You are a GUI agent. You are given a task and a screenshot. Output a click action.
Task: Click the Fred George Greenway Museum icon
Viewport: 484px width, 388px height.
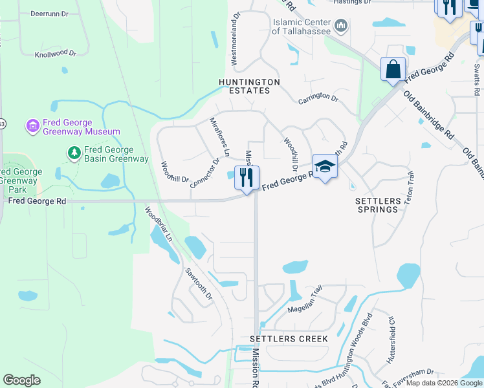32,127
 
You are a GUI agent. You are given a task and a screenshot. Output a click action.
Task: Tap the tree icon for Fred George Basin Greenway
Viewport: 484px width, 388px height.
74,153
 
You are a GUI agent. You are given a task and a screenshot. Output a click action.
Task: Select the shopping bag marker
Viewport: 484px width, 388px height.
393,69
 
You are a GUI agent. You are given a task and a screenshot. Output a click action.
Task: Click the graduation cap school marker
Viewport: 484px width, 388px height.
325,166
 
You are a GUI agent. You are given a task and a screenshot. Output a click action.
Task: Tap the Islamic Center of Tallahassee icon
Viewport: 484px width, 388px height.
342,27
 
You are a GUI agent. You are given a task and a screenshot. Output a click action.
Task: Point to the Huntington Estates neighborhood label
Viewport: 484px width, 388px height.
249,87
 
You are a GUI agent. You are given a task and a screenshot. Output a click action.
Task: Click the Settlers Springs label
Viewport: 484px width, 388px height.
377,205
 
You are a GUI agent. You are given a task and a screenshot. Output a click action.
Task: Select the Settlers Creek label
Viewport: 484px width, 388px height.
289,339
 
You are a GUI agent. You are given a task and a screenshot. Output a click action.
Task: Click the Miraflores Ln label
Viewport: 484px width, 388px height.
220,137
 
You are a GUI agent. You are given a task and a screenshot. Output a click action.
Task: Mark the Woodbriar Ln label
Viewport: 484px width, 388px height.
159,224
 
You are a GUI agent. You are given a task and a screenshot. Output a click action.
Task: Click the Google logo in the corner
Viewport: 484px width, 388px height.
21,380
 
